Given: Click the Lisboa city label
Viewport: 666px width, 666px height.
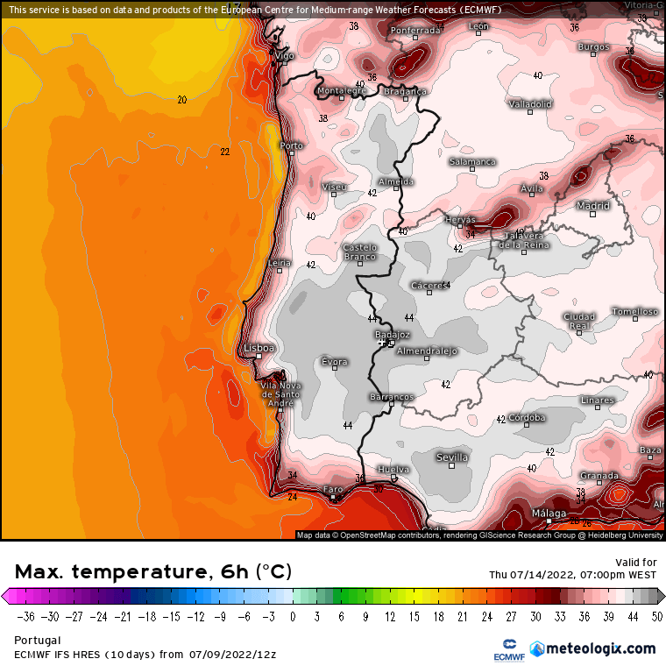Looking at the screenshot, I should (260, 348).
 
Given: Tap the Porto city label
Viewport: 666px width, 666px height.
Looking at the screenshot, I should (291, 146).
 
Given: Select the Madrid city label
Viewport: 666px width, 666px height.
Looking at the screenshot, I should (593, 206).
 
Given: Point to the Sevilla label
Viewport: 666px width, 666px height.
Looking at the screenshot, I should (452, 457).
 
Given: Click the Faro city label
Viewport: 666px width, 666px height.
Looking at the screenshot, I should (333, 489).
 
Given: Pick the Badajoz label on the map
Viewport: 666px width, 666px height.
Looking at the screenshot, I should (392, 335).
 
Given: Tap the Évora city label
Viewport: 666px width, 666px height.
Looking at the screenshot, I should (335, 362).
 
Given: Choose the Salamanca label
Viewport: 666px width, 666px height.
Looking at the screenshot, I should (472, 162).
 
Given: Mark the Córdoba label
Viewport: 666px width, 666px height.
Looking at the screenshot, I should (527, 418).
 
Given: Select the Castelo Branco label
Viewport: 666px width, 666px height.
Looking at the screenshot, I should (359, 252).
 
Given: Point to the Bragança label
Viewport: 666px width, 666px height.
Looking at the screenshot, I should (405, 91).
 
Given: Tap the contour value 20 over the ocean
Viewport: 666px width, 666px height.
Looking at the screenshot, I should (181, 100).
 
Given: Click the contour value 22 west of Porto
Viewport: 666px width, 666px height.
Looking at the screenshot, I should (225, 152).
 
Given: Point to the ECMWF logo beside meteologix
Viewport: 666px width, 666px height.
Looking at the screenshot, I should (508, 649).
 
